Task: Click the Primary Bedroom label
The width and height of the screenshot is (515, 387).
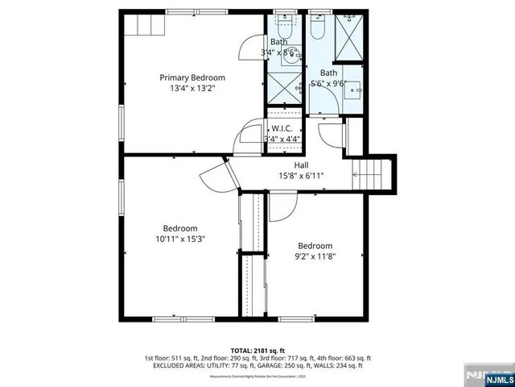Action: click(192, 77)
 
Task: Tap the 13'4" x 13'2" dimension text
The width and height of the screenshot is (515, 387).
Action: click(192, 89)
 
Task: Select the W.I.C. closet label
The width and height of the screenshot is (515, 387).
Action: click(282, 128)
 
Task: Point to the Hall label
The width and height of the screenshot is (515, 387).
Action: click(302, 165)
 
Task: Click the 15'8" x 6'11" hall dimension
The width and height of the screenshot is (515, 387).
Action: click(302, 176)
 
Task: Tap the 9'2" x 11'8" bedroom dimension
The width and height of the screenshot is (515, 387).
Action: click(315, 257)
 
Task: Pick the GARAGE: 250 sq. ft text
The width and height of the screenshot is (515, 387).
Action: click(293, 364)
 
